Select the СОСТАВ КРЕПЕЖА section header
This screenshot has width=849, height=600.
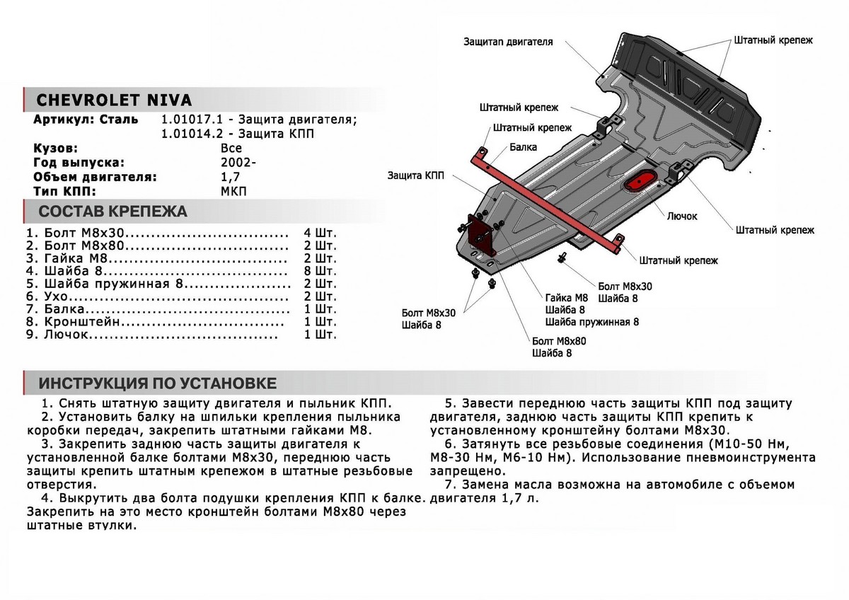pos(112,212)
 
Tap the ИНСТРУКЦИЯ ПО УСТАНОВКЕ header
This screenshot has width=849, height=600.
pos(157,383)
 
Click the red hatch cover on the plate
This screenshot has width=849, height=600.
pos(641,180)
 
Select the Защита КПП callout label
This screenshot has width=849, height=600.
pos(416,175)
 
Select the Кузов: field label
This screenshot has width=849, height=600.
pos(56,149)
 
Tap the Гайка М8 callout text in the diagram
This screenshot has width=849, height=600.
pos(566,298)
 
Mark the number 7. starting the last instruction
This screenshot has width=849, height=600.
pos(451,485)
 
